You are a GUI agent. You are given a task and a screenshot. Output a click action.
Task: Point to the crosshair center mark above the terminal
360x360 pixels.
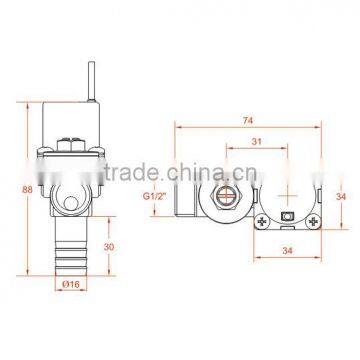click(289, 188)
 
